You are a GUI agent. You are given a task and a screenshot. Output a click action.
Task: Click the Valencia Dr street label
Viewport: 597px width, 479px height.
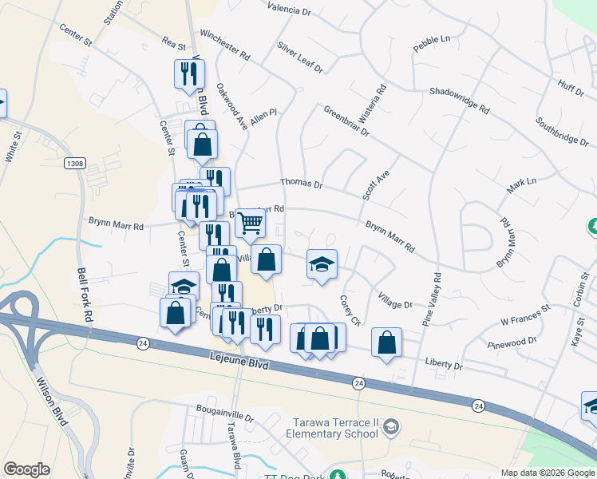(289, 10)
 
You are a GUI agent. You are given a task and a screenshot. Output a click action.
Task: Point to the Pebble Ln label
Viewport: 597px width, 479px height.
(432, 44)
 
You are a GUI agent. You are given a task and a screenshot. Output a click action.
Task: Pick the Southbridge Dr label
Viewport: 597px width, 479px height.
(562, 131)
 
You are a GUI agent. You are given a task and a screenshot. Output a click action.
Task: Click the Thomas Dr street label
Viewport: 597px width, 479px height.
(301, 184)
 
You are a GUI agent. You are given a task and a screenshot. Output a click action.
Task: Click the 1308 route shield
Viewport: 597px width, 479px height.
(75, 163)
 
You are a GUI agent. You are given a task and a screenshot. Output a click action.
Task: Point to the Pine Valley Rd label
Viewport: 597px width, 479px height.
(437, 299)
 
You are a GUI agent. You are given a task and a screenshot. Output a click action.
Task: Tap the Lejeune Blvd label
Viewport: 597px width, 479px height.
(237, 362)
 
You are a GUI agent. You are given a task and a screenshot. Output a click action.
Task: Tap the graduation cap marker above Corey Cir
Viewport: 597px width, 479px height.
(322, 264)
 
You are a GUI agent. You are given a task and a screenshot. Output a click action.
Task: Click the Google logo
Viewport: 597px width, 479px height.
(26, 469)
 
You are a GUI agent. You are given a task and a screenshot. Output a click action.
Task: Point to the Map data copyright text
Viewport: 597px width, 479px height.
(547, 473)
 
